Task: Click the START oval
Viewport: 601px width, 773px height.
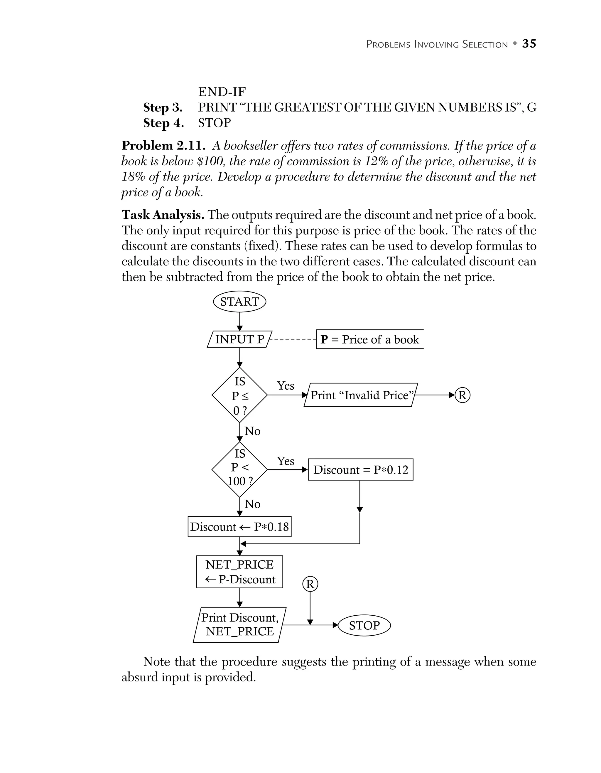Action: (x=239, y=302)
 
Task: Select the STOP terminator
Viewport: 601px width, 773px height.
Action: (x=364, y=625)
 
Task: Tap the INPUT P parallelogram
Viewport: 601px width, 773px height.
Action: (x=239, y=339)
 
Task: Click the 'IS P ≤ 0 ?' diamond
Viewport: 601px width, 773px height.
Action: (x=239, y=395)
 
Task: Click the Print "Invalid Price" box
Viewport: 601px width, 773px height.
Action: (x=361, y=395)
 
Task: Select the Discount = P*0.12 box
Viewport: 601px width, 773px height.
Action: (x=360, y=470)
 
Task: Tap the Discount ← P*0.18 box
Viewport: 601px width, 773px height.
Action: (x=239, y=527)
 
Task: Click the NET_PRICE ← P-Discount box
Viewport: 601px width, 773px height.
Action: (x=239, y=572)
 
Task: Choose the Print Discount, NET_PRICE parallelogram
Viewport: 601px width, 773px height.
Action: (x=239, y=625)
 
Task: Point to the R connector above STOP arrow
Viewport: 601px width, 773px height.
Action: (x=310, y=584)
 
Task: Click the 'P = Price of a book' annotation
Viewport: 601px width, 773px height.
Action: (x=370, y=339)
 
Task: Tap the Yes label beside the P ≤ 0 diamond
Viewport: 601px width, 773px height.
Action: (x=285, y=385)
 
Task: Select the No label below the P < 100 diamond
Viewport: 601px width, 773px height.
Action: (x=252, y=504)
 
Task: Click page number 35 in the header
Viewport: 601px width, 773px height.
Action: (x=529, y=43)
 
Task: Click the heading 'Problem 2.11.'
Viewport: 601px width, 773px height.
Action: (x=163, y=145)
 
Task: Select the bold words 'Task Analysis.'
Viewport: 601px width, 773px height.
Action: (x=163, y=215)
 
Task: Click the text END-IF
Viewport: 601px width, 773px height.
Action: (x=222, y=92)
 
